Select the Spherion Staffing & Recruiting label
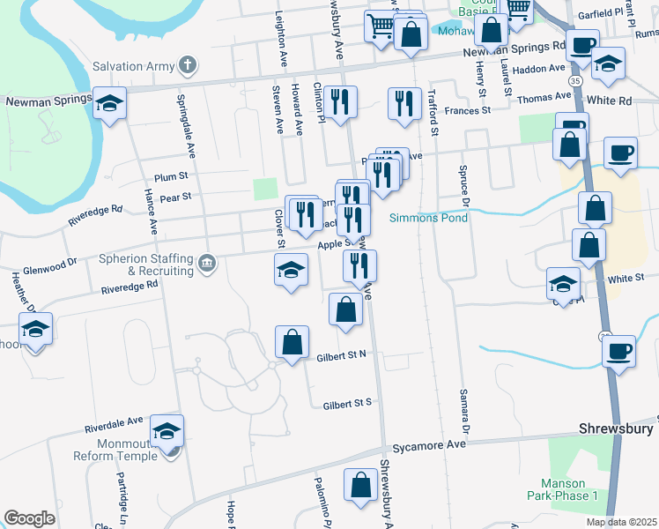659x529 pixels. pos(146,264)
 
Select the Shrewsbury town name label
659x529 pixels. pos(617,428)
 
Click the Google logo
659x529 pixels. pos(29,518)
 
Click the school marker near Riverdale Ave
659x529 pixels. pos(167,431)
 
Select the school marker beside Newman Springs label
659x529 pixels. pos(109,105)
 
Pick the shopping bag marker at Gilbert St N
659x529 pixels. pos(292,342)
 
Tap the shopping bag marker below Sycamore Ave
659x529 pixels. pos(360,486)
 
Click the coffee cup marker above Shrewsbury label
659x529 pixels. pos(619,350)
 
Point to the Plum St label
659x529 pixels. pos(171,177)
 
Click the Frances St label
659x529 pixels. pos(467,111)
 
